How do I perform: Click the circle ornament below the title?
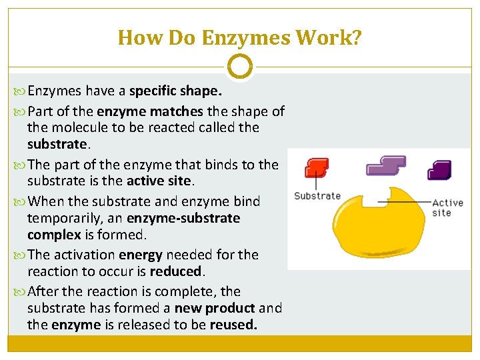coord(240,67)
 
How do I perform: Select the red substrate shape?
coord(316,167)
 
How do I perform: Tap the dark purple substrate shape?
coord(439,170)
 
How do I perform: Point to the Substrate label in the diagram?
coord(317,196)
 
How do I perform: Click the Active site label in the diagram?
coord(447,207)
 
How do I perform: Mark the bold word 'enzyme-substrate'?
coord(183,218)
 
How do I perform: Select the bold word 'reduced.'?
coord(177,271)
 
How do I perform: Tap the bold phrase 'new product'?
coord(214,308)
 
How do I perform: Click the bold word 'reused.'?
coord(233,325)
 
